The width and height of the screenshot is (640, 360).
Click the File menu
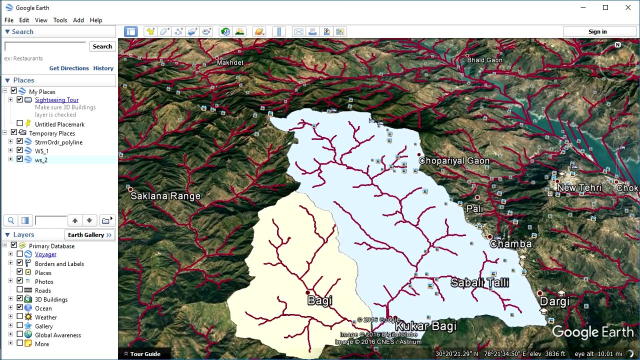pyautogui.click(x=9, y=20)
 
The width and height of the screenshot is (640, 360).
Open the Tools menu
pyautogui.click(x=60, y=20)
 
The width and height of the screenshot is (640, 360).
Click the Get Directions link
pyautogui.click(x=69, y=68)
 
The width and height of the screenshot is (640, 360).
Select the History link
pyautogui.click(x=103, y=68)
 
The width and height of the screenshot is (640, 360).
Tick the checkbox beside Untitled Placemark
pyautogui.click(x=20, y=123)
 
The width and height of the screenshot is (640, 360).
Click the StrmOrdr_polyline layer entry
pyautogui.click(x=58, y=142)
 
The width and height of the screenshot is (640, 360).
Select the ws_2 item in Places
pyautogui.click(x=41, y=160)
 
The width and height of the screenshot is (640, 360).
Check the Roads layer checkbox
pyautogui.click(x=20, y=290)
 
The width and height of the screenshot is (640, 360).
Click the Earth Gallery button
pyautogui.click(x=89, y=235)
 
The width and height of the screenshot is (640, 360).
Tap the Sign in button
pyautogui.click(x=597, y=31)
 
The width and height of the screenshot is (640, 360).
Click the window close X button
pyautogui.click(x=628, y=7)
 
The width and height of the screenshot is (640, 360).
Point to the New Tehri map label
pyautogui.click(x=579, y=188)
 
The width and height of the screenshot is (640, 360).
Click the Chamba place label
pyautogui.click(x=510, y=244)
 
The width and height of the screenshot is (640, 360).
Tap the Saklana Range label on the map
pyautogui.click(x=165, y=196)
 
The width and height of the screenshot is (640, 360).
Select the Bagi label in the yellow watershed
pyautogui.click(x=320, y=300)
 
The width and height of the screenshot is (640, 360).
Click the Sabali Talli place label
pyautogui.click(x=479, y=283)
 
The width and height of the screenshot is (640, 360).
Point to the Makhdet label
pyautogui.click(x=230, y=62)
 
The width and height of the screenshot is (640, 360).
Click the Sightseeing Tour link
pyautogui.click(x=56, y=100)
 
